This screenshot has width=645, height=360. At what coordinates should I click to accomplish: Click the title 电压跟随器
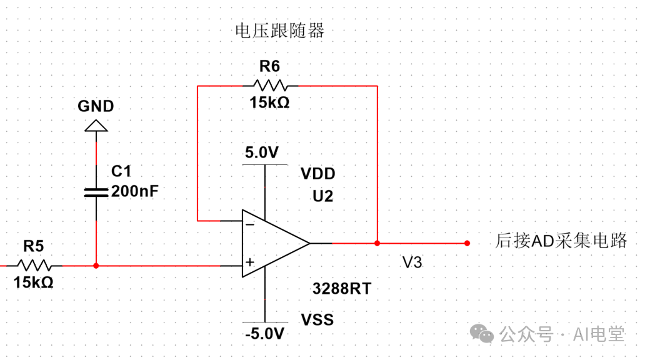point(279,31)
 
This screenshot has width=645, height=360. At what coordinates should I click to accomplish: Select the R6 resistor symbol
point(269,85)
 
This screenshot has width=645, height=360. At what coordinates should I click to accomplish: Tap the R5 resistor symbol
point(34,266)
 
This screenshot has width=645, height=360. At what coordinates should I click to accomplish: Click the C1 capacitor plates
point(96,191)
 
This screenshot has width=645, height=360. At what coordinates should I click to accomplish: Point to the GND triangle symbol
point(96,126)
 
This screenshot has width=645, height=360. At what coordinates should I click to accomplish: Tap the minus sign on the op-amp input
point(249,223)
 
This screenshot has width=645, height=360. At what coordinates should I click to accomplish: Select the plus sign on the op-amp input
point(249,263)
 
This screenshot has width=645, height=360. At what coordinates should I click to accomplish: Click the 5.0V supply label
point(262,153)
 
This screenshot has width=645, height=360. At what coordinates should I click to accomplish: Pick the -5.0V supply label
point(265,333)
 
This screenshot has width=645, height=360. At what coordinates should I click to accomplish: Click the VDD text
point(317,174)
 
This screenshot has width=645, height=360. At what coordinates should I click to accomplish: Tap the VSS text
point(317,320)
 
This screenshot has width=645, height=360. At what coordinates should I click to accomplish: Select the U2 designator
point(322,196)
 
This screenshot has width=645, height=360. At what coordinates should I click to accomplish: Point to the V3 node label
point(412,262)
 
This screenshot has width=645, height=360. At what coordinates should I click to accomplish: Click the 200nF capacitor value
point(134,191)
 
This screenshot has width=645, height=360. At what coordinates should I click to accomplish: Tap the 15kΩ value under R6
point(269,103)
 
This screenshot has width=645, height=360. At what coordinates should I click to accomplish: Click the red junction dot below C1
point(96,266)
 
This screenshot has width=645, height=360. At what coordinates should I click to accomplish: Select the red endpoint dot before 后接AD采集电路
point(467,243)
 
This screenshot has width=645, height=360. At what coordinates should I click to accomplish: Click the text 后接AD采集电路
point(561,241)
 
